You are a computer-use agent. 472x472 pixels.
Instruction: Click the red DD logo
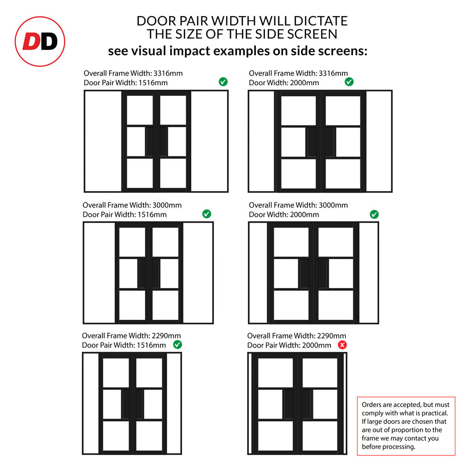pyautogui.click(x=40, y=41)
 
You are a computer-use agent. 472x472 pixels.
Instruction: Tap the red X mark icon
pyautogui.click(x=342, y=345)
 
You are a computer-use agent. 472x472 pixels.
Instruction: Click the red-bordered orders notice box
pyautogui.click(x=406, y=426)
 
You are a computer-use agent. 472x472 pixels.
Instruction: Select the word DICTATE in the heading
pyautogui.click(x=321, y=21)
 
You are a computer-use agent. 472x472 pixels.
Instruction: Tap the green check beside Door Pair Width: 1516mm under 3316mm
pyautogui.click(x=223, y=82)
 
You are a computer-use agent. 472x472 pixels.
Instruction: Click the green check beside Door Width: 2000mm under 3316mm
pyautogui.click(x=349, y=82)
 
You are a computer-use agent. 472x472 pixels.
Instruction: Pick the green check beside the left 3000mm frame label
pyautogui.click(x=206, y=214)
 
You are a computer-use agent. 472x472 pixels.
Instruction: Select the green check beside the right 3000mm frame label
pyautogui.click(x=374, y=214)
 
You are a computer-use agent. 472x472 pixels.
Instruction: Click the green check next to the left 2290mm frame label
pyautogui.click(x=177, y=345)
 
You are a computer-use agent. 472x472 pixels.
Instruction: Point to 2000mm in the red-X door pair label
pyautogui.click(x=316, y=345)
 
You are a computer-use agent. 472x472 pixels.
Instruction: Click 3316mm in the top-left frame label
pyautogui.click(x=168, y=73)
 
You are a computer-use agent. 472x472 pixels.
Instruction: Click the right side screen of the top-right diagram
pyautogui.click(x=379, y=141)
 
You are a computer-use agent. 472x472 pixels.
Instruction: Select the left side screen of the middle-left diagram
pyautogui.click(x=100, y=273)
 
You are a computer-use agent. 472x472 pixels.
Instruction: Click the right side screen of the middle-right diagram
pyautogui.click(x=368, y=273)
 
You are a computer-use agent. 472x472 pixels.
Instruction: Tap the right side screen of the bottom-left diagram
pyautogui.click(x=174, y=404)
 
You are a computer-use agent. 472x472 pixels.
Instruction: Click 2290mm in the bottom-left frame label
pyautogui.click(x=166, y=336)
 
